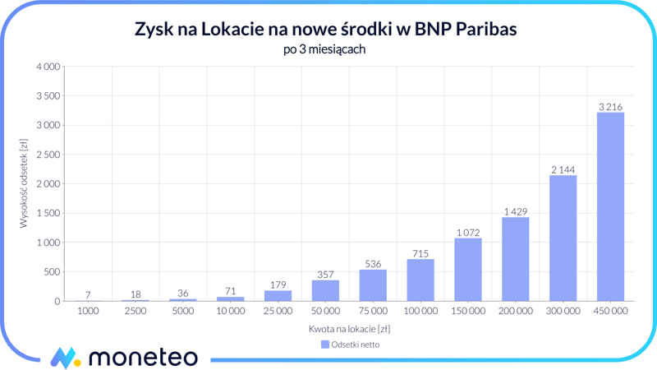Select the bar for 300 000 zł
[x=563, y=238]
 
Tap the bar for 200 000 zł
[x=515, y=259]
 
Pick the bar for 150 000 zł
[x=467, y=270]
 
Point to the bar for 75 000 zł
[x=373, y=285]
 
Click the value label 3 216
[x=610, y=107]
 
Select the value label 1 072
[x=467, y=233]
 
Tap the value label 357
[x=325, y=275]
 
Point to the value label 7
[x=88, y=295]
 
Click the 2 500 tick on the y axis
[x=49, y=155]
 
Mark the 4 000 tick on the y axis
[x=49, y=67]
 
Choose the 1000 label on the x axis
[x=88, y=312]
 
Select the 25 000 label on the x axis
[x=278, y=312]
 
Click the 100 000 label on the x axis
[x=420, y=312]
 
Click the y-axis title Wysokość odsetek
[x=25, y=183]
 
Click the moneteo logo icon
[x=65, y=358]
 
